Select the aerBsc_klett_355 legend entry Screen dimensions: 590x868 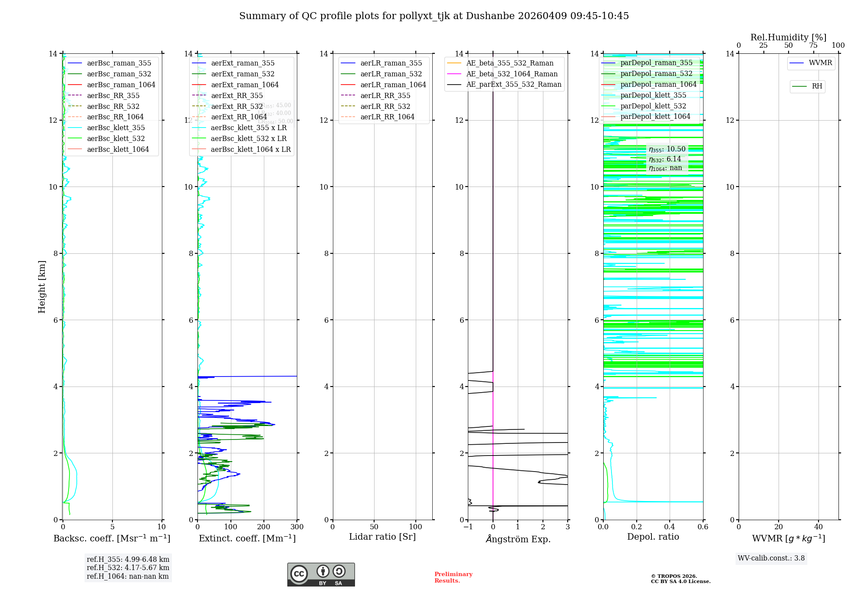(115, 128)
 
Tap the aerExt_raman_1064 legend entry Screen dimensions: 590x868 (244, 85)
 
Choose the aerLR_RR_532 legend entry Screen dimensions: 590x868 (385, 106)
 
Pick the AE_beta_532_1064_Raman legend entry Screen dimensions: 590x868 (512, 74)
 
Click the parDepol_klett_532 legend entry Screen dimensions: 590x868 (653, 106)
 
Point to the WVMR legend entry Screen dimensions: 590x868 (820, 63)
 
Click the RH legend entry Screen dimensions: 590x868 (816, 86)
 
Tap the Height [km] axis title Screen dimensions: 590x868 (42, 286)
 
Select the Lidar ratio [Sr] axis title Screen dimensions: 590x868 (382, 537)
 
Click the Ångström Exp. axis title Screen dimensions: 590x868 (518, 539)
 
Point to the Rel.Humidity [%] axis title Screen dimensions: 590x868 (788, 37)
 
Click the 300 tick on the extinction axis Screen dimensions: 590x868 (297, 527)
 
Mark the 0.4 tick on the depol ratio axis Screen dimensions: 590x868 (670, 527)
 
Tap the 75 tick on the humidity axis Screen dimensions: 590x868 (813, 46)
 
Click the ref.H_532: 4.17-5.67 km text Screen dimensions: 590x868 (128, 567)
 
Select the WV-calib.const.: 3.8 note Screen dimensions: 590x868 (771, 558)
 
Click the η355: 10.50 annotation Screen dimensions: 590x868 (667, 149)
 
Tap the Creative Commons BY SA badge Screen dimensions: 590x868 (321, 574)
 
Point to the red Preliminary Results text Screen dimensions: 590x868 (453, 577)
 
